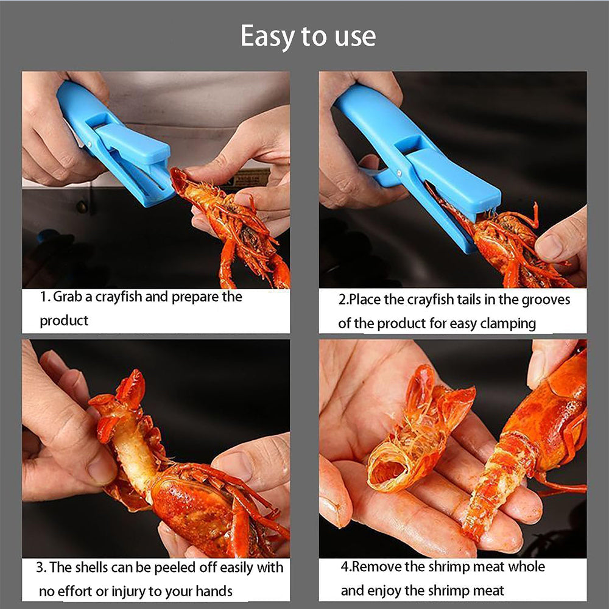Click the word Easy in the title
point(268,37)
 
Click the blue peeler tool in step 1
point(116,144)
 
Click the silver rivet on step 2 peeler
point(399,173)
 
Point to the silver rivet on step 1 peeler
point(90,144)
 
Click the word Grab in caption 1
point(68,297)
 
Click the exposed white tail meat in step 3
point(132,450)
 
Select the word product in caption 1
point(64,321)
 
